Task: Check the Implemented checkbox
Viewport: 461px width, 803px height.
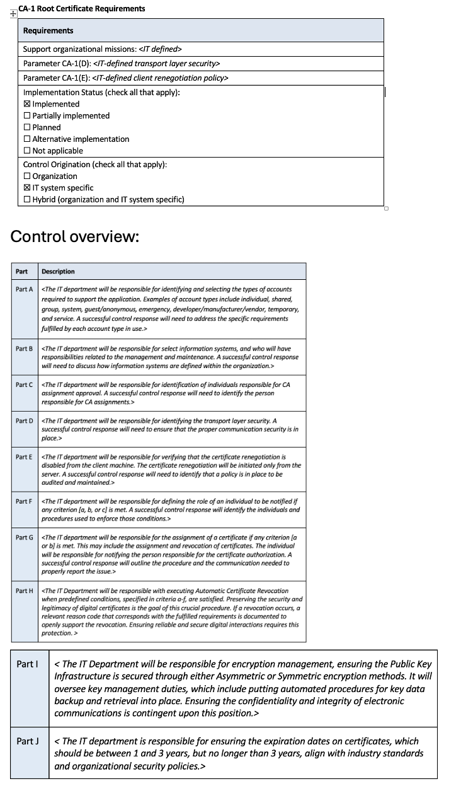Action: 27,104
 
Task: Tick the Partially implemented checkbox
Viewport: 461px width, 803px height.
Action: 27,116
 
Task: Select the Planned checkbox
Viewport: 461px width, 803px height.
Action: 27,127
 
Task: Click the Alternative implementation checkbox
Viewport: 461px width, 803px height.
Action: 27,139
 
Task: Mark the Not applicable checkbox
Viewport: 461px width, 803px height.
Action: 27,151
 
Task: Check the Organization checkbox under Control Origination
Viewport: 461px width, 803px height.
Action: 27,176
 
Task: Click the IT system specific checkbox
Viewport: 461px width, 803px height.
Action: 27,188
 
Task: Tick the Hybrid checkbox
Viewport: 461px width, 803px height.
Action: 27,200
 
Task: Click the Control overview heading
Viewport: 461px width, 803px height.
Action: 74,236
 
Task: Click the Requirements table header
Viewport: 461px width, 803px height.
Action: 48,30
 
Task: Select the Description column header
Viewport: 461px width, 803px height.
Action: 58,272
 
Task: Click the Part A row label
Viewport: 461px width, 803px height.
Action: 24,289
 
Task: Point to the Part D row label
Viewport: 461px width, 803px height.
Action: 24,420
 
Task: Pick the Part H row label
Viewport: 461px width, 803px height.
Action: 24,591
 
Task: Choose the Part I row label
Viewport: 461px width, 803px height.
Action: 28,664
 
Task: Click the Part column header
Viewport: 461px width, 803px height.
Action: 22,272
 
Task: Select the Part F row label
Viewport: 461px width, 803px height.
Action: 24,501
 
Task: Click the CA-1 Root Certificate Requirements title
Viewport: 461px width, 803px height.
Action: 82,8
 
